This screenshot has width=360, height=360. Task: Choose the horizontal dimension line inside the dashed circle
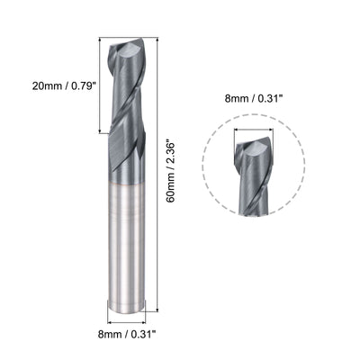(x=253, y=126)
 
